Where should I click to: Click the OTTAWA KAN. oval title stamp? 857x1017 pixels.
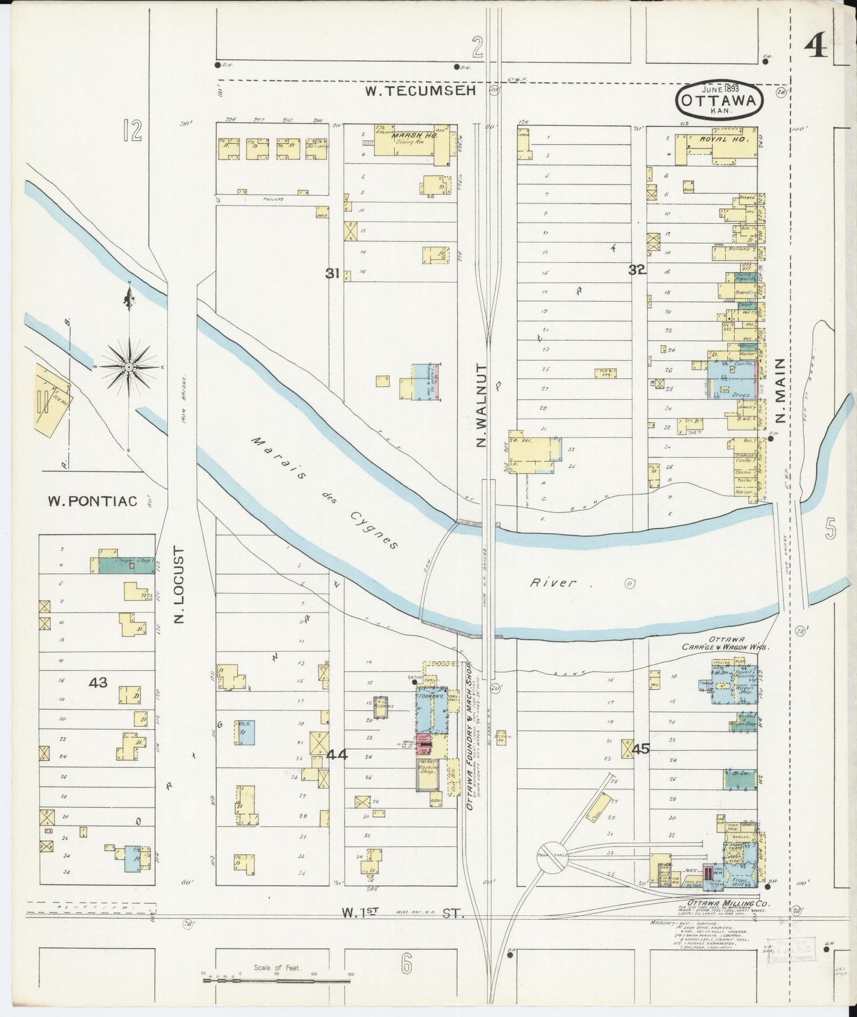pyautogui.click(x=719, y=100)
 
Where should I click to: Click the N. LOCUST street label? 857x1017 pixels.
pyautogui.click(x=179, y=586)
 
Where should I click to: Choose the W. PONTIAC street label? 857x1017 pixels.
pyautogui.click(x=93, y=501)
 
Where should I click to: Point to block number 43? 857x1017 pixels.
pyautogui.click(x=98, y=682)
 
